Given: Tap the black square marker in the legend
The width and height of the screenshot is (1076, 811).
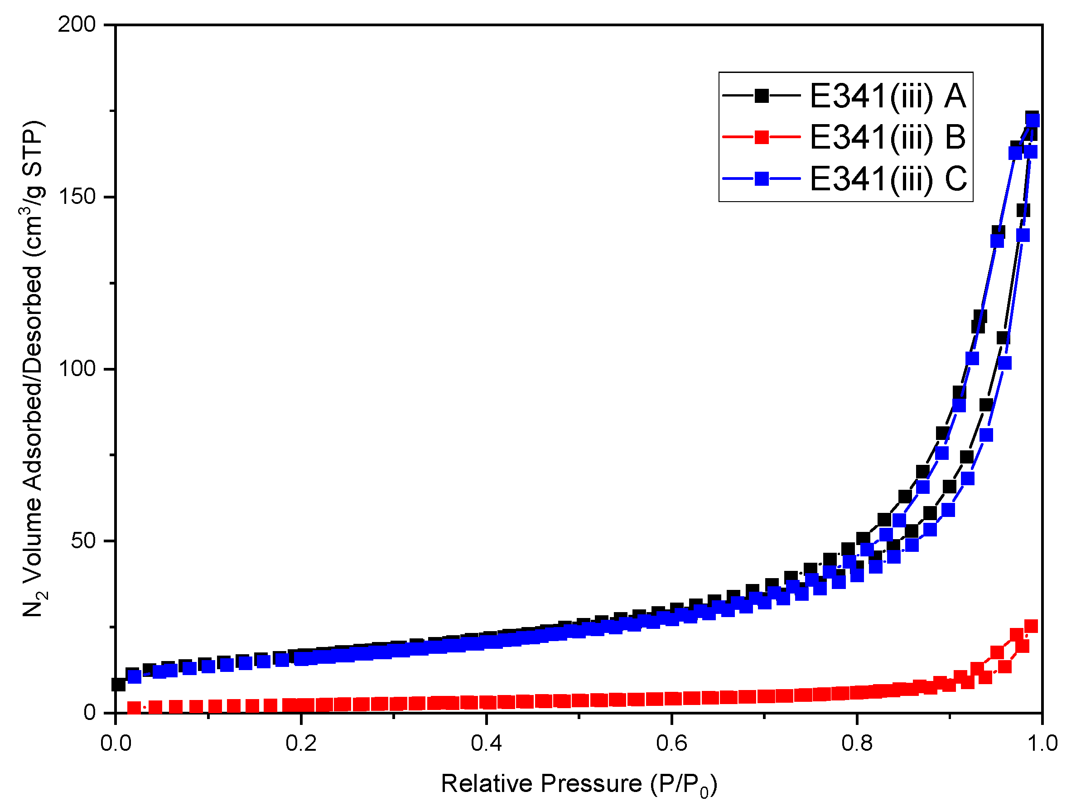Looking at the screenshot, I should point(762,96).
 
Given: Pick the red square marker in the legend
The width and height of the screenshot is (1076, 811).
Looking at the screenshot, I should point(762,137).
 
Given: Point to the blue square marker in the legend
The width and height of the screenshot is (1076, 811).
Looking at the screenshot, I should point(762,179).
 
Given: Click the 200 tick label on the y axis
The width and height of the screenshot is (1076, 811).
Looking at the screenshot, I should point(77,24).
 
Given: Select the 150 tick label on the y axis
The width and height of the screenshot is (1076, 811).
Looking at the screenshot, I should point(77,197).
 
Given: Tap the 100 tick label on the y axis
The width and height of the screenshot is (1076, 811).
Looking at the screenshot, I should point(77,369).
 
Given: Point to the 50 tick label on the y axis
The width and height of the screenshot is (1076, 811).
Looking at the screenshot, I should point(83,541).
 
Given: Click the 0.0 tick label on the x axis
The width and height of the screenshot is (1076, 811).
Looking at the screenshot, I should point(116,743).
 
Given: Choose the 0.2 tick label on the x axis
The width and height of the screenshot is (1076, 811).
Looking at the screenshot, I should point(301,743).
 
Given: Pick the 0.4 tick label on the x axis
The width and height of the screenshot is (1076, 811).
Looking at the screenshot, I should point(487,743).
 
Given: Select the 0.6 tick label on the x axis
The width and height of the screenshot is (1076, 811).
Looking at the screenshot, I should point(672,743).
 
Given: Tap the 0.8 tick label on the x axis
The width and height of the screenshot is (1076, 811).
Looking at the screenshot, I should point(857,743).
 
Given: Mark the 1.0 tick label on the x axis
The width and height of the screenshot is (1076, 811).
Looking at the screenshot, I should point(1042,743).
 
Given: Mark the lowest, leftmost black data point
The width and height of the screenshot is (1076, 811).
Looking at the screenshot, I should point(119,685).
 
